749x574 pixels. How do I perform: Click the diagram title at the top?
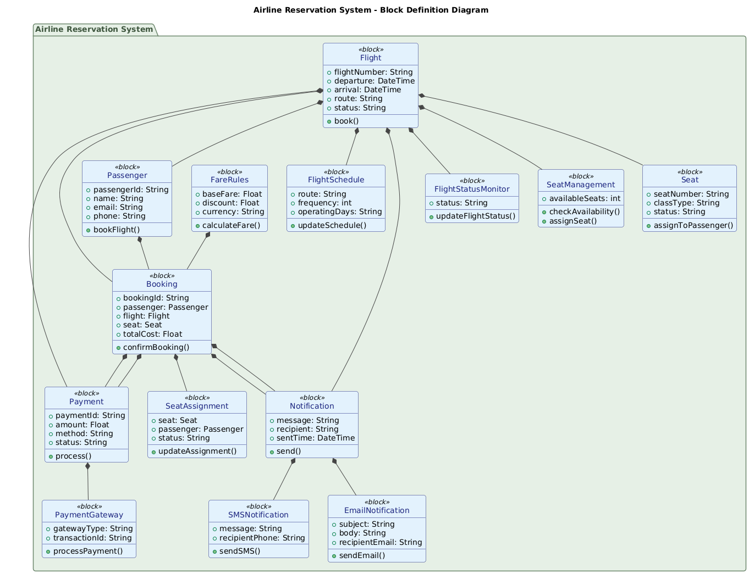click(x=374, y=10)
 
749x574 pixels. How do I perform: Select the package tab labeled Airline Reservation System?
click(x=93, y=29)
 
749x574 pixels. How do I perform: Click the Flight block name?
click(x=371, y=58)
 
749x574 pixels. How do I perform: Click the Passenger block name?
click(x=127, y=175)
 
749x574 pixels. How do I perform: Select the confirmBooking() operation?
click(x=156, y=347)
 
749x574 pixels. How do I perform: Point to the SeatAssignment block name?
click(x=197, y=406)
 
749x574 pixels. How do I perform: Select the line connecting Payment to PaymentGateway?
click(x=88, y=482)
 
